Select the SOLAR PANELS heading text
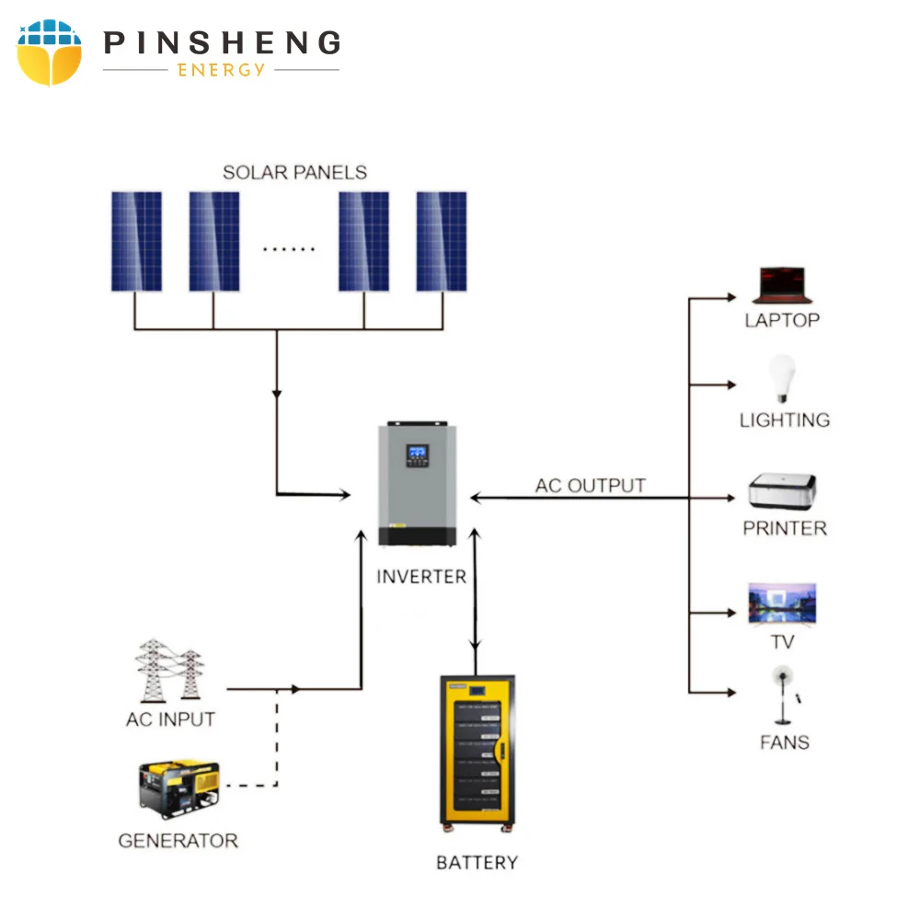tap(294, 172)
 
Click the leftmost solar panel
tap(136, 241)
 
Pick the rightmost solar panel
tap(441, 241)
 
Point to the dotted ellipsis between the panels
tap(289, 249)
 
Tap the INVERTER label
tap(421, 577)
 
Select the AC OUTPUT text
tap(591, 485)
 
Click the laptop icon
tap(780, 285)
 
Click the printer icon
tap(782, 492)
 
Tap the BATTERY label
tap(477, 863)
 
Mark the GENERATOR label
tap(178, 840)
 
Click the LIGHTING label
tap(784, 420)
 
